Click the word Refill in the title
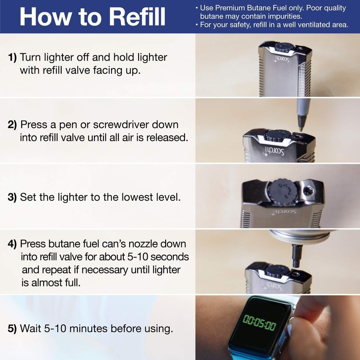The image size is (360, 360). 137,17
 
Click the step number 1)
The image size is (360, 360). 13,58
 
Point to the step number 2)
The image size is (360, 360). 12,125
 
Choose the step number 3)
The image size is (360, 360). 12,197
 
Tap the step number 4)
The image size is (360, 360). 12,244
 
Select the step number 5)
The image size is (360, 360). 12,328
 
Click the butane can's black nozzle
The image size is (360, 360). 297,256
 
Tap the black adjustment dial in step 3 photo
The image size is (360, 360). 283,192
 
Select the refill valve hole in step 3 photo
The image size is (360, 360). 308,190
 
